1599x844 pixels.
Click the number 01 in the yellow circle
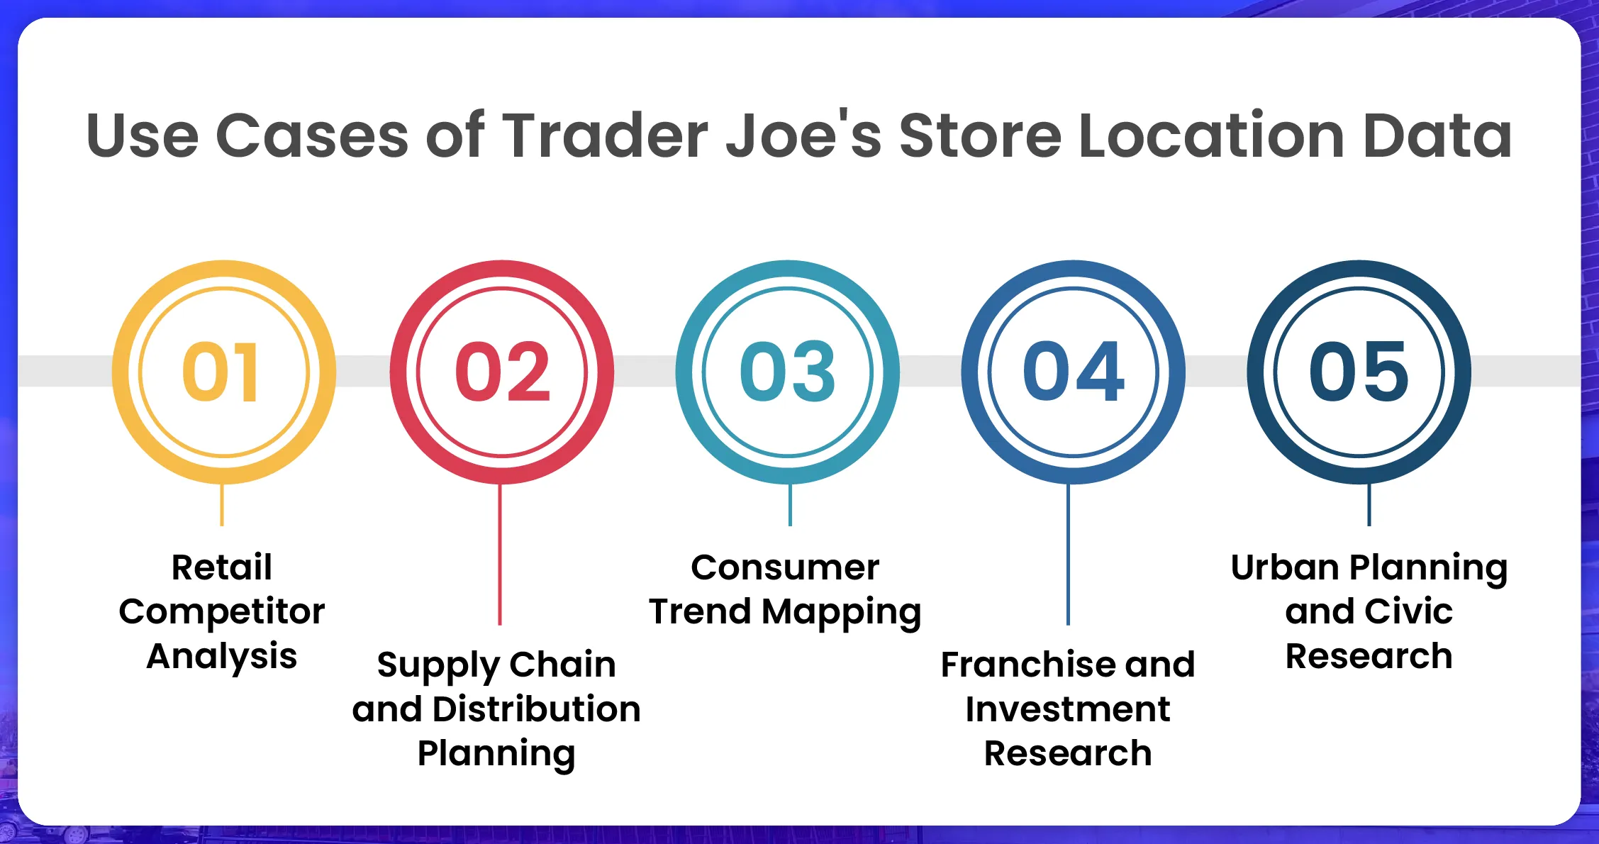tap(221, 372)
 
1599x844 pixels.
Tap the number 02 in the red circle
tap(502, 372)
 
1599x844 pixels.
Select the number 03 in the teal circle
tap(787, 372)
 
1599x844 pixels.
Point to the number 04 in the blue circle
tap(1073, 372)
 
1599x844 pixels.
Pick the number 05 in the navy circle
tap(1359, 372)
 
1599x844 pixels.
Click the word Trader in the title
tap(605, 135)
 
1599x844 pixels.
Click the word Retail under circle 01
tap(222, 567)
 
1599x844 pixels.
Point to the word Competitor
tap(222, 612)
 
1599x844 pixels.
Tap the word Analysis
tap(222, 656)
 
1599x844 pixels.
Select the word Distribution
tap(536, 709)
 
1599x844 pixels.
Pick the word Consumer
tap(785, 567)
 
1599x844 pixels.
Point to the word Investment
tap(1068, 709)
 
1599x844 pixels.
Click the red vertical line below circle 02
tap(500, 555)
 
